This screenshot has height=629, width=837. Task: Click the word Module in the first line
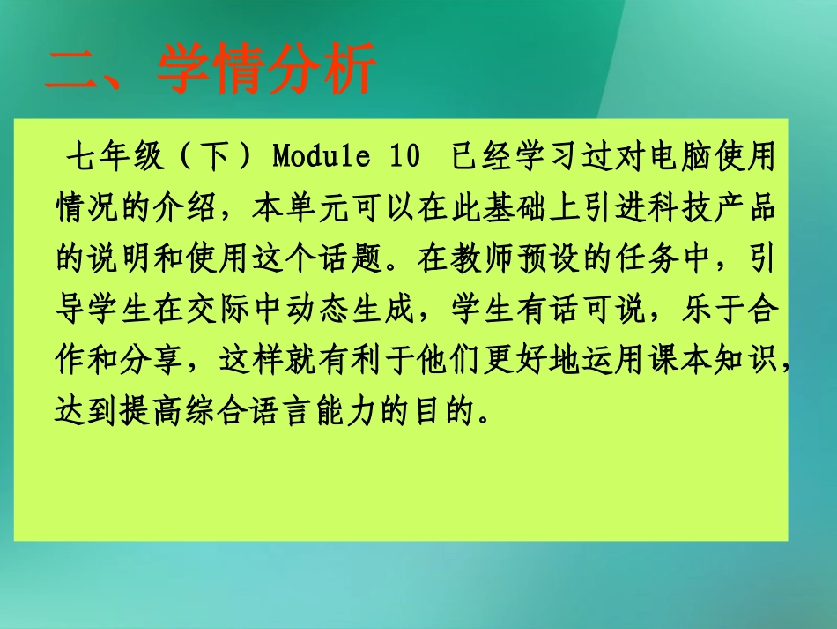(x=320, y=159)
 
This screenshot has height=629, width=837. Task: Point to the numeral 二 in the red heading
(x=72, y=69)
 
